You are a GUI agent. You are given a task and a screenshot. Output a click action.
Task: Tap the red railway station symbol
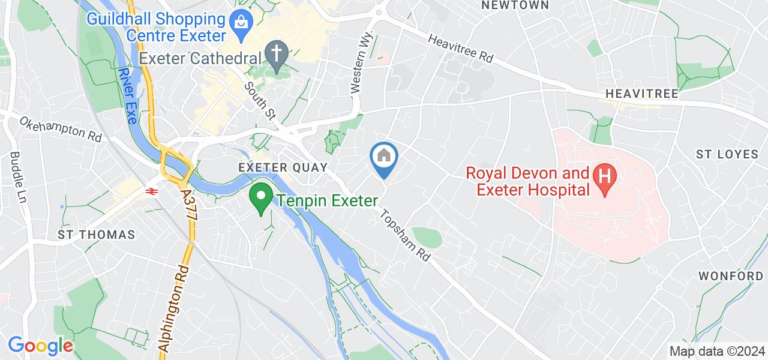coord(151,191)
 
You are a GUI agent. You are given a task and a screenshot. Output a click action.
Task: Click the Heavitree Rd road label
coord(460,48)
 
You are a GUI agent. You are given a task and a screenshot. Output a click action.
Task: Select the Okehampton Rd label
coord(61,129)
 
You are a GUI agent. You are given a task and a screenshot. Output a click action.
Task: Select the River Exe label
coord(128,96)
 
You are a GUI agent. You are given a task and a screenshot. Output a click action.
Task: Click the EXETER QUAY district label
coord(283,167)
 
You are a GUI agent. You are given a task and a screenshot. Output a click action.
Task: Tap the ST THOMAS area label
coord(97,234)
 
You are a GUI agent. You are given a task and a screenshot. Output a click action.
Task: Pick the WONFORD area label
coord(731,276)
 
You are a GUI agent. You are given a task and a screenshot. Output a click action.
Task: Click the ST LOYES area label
coord(727,154)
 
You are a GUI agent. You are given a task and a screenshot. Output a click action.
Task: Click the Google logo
coord(40,346)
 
